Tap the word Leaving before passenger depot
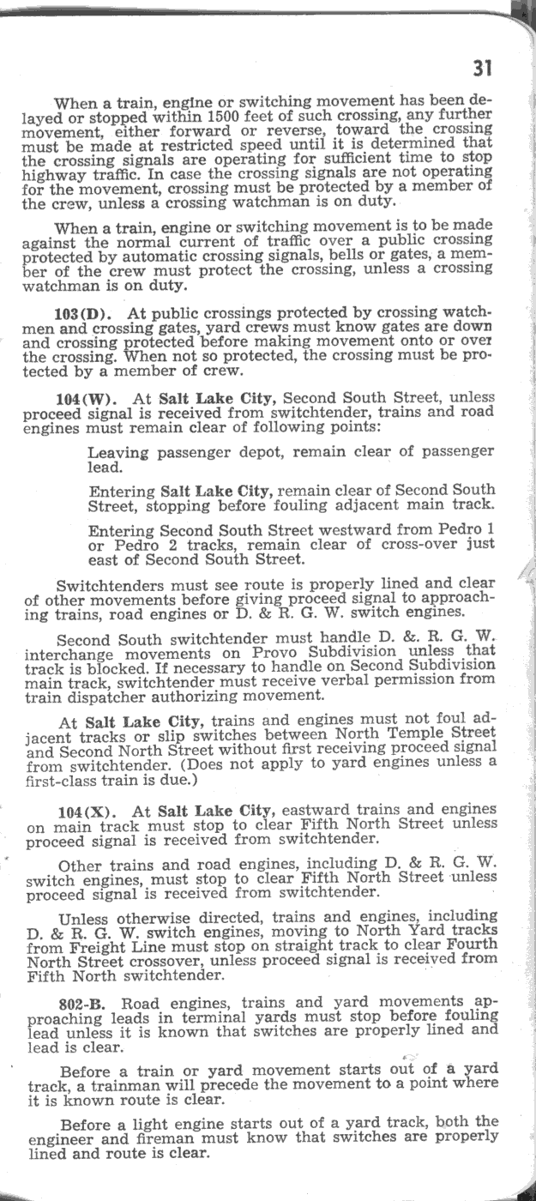click(x=118, y=451)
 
